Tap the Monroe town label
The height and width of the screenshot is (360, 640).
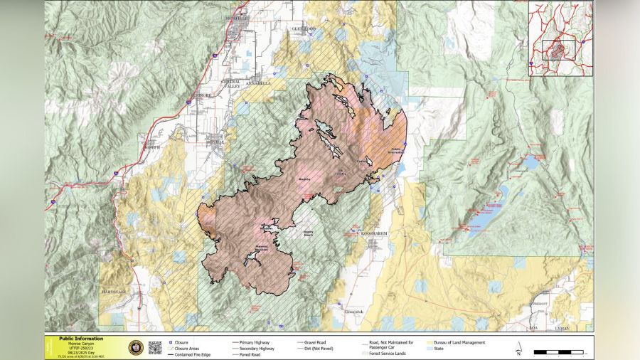214,142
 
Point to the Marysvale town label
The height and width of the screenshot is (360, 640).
113,292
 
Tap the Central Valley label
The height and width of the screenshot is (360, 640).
232,84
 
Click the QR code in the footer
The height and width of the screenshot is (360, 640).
155,347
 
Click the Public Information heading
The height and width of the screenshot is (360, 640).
81,339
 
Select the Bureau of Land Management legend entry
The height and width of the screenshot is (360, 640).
459,342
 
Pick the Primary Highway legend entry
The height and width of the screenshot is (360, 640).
254,342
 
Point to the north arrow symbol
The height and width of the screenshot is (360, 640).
519,348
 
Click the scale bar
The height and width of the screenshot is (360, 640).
558,351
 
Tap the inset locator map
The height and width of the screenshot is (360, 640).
560,38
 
